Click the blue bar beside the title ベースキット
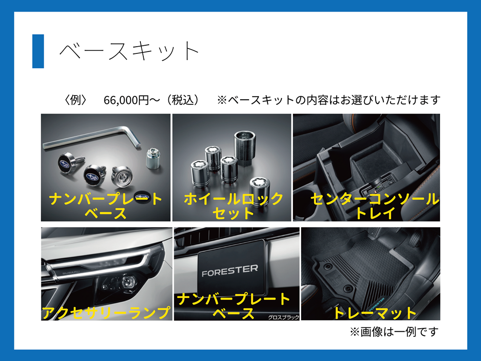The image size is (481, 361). coord(38,51)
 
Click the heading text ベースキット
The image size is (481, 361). coord(129,51)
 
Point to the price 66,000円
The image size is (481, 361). coord(126,100)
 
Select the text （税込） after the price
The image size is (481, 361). coord(183,100)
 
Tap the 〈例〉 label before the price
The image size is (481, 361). coord(76,100)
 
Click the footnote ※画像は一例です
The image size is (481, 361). coord(394,332)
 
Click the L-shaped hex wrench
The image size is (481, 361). coord(92,138)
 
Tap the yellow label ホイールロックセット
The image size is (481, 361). coord(233,206)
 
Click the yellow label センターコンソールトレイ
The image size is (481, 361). coord(375,206)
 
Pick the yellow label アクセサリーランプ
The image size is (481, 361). coord(106,312)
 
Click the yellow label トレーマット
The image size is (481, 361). coord(375,312)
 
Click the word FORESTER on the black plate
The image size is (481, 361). coord(230,271)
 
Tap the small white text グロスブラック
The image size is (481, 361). coord(283,317)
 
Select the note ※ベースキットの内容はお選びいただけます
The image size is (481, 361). coord(329,100)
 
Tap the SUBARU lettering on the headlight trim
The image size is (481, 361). coord(71,272)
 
